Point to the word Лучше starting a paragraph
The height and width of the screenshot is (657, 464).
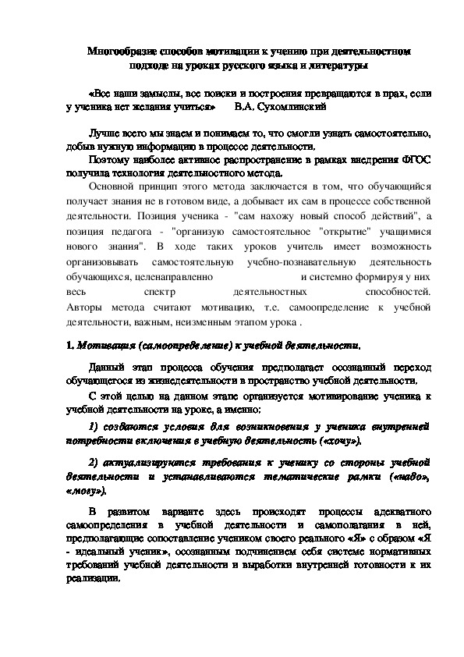pos(104,133)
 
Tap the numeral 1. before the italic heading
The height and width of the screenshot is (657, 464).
pos(69,344)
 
